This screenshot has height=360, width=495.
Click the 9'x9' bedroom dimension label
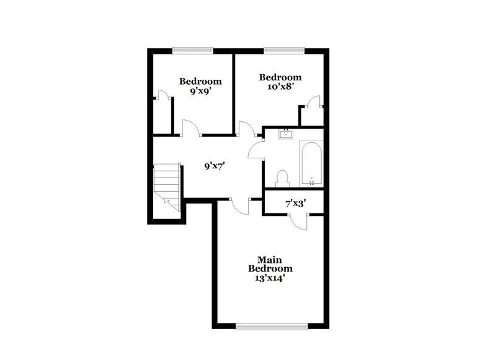pyautogui.click(x=200, y=91)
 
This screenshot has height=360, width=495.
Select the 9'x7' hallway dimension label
pyautogui.click(x=214, y=166)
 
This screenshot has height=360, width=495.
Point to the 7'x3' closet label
pyautogui.click(x=296, y=203)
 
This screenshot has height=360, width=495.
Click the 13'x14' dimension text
pyautogui.click(x=270, y=278)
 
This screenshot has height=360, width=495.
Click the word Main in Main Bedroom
pyautogui.click(x=270, y=259)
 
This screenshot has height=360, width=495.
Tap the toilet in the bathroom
pyautogui.click(x=283, y=178)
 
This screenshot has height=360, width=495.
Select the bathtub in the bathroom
pyautogui.click(x=311, y=163)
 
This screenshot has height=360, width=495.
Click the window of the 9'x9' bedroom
pyautogui.click(x=192, y=50)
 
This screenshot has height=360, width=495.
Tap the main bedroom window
pyautogui.click(x=270, y=325)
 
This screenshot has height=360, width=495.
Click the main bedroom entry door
pyautogui.click(x=239, y=206)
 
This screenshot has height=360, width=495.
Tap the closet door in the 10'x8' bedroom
pyautogui.click(x=315, y=101)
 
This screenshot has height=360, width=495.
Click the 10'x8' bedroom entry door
pyautogui.click(x=247, y=127)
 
